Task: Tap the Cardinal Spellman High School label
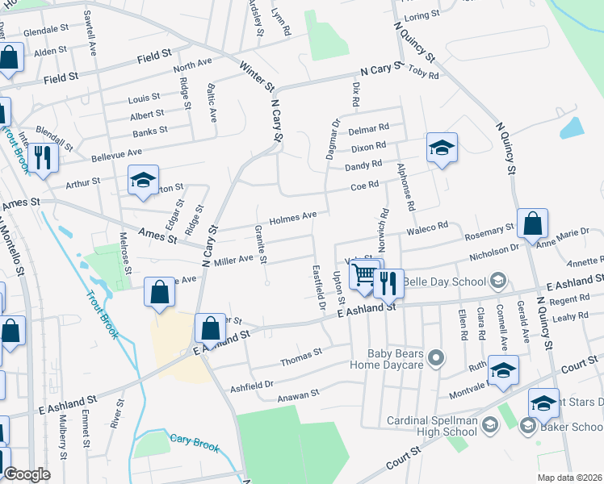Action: coord(432,426)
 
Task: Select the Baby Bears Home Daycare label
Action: coord(396,358)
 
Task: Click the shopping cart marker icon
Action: coord(364,276)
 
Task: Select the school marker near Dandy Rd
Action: coord(442,148)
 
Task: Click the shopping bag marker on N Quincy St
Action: coord(532,225)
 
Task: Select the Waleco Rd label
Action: coord(427,227)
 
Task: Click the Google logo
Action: coord(27,474)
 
